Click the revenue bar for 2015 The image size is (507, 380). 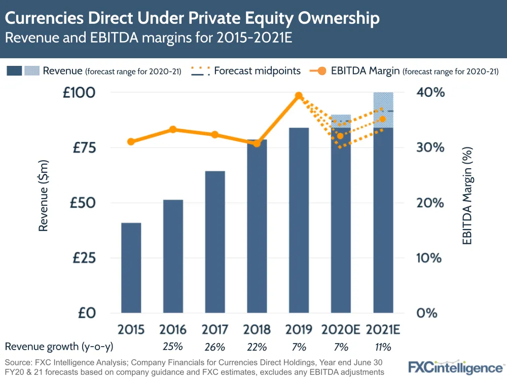[x=131, y=268]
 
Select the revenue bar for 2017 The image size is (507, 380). [x=215, y=242]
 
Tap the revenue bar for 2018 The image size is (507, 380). [x=257, y=226]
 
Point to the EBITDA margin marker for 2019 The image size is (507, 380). [x=299, y=96]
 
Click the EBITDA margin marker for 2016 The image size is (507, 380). [x=173, y=129]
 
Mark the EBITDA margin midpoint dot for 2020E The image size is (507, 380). [x=341, y=136]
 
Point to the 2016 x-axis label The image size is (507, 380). [x=173, y=330]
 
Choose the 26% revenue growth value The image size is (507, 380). [x=215, y=347]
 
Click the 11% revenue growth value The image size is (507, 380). [x=383, y=347]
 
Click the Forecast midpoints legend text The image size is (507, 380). [x=258, y=71]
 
